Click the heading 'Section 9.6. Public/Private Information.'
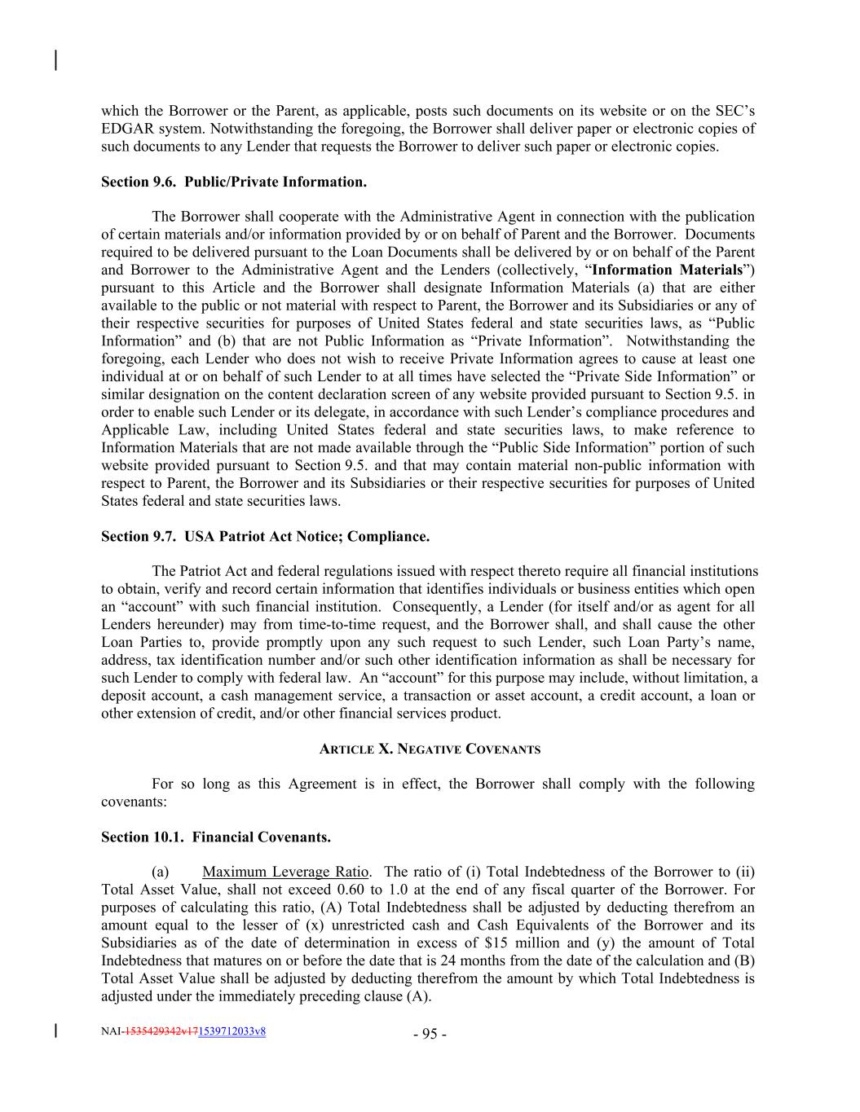coord(233,182)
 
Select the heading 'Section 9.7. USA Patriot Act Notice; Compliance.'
coord(265,537)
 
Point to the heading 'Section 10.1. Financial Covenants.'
coord(216,837)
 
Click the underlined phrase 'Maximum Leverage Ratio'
coord(285,872)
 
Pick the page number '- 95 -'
coord(430,1035)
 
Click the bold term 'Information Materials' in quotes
coord(668,270)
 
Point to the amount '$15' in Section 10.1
coord(495,943)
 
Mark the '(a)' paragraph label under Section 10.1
coord(161,872)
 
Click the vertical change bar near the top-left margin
coord(55,60)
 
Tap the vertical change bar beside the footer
coord(55,1031)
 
